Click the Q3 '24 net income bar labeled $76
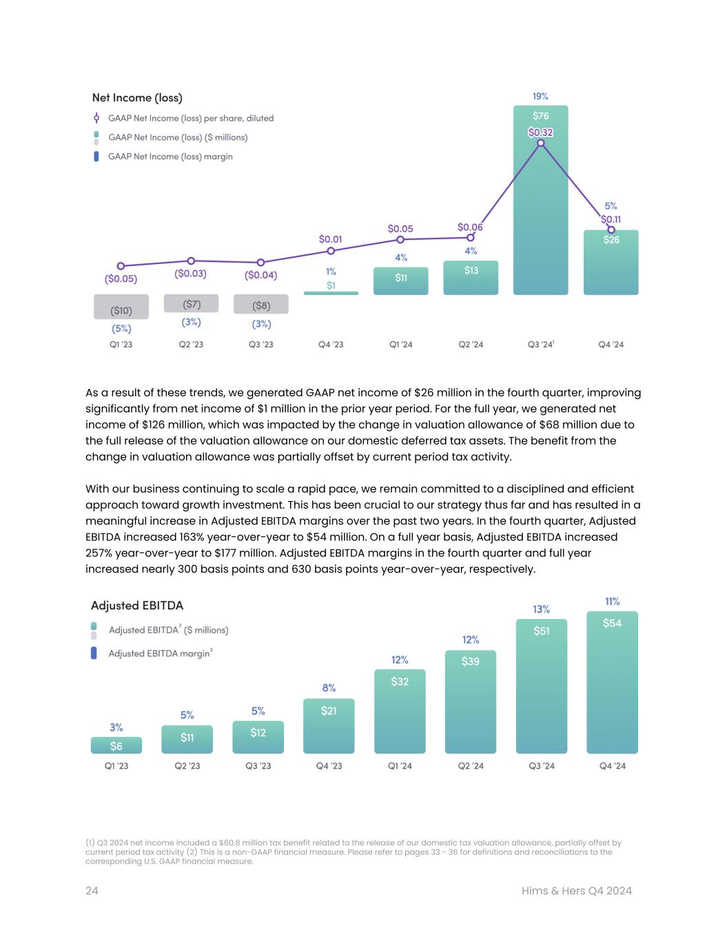pyautogui.click(x=540, y=207)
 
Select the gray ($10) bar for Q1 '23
pyautogui.click(x=121, y=307)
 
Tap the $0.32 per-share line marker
pyautogui.click(x=541, y=143)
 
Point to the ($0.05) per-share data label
pyautogui.click(x=121, y=279)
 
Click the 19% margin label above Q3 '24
pyautogui.click(x=540, y=97)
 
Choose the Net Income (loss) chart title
pyautogui.click(x=137, y=98)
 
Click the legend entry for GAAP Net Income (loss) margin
pyautogui.click(x=170, y=156)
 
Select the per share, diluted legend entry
pyautogui.click(x=190, y=119)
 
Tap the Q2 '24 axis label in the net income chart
pyautogui.click(x=471, y=344)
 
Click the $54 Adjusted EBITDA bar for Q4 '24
pyautogui.click(x=612, y=682)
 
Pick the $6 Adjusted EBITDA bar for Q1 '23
pyautogui.click(x=116, y=745)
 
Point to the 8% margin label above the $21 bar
pyautogui.click(x=329, y=688)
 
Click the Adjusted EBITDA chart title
pyautogui.click(x=137, y=605)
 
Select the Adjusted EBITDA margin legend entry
pyautogui.click(x=159, y=654)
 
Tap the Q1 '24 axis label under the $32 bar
pyautogui.click(x=400, y=766)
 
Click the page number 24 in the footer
pyautogui.click(x=92, y=891)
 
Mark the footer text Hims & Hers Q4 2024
pyautogui.click(x=577, y=891)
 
